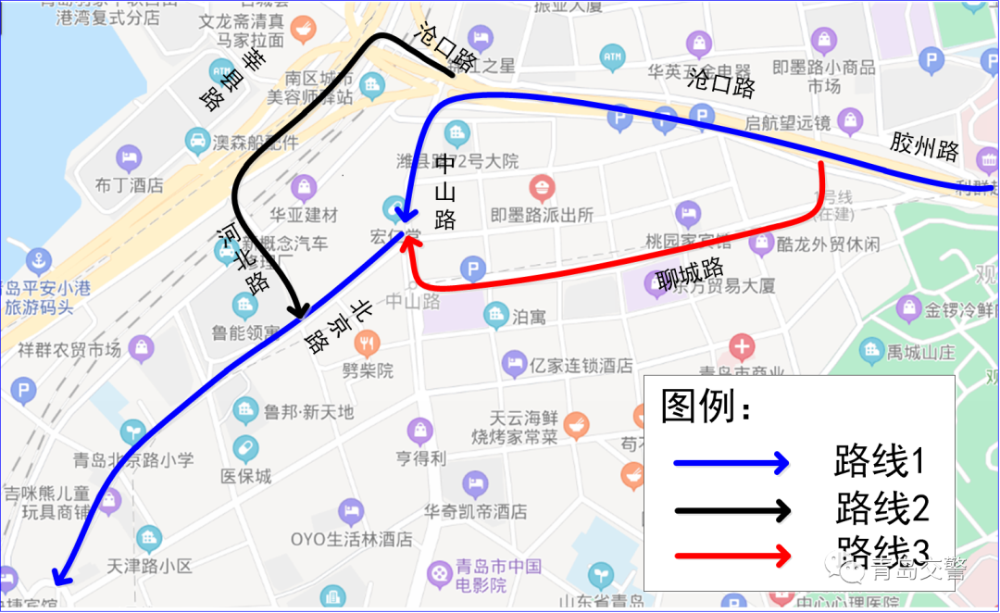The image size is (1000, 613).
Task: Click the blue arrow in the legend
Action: pos(731,462)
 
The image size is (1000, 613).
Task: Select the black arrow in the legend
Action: pos(731,509)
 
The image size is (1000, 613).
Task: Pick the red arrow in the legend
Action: pos(731,556)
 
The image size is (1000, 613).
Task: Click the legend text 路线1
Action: pos(880,460)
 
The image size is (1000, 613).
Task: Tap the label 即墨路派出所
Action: pos(542,215)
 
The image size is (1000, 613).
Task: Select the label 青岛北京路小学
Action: pos(133,458)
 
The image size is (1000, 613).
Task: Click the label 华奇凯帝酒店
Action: pos(476,510)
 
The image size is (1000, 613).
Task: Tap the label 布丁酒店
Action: pos(129,184)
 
